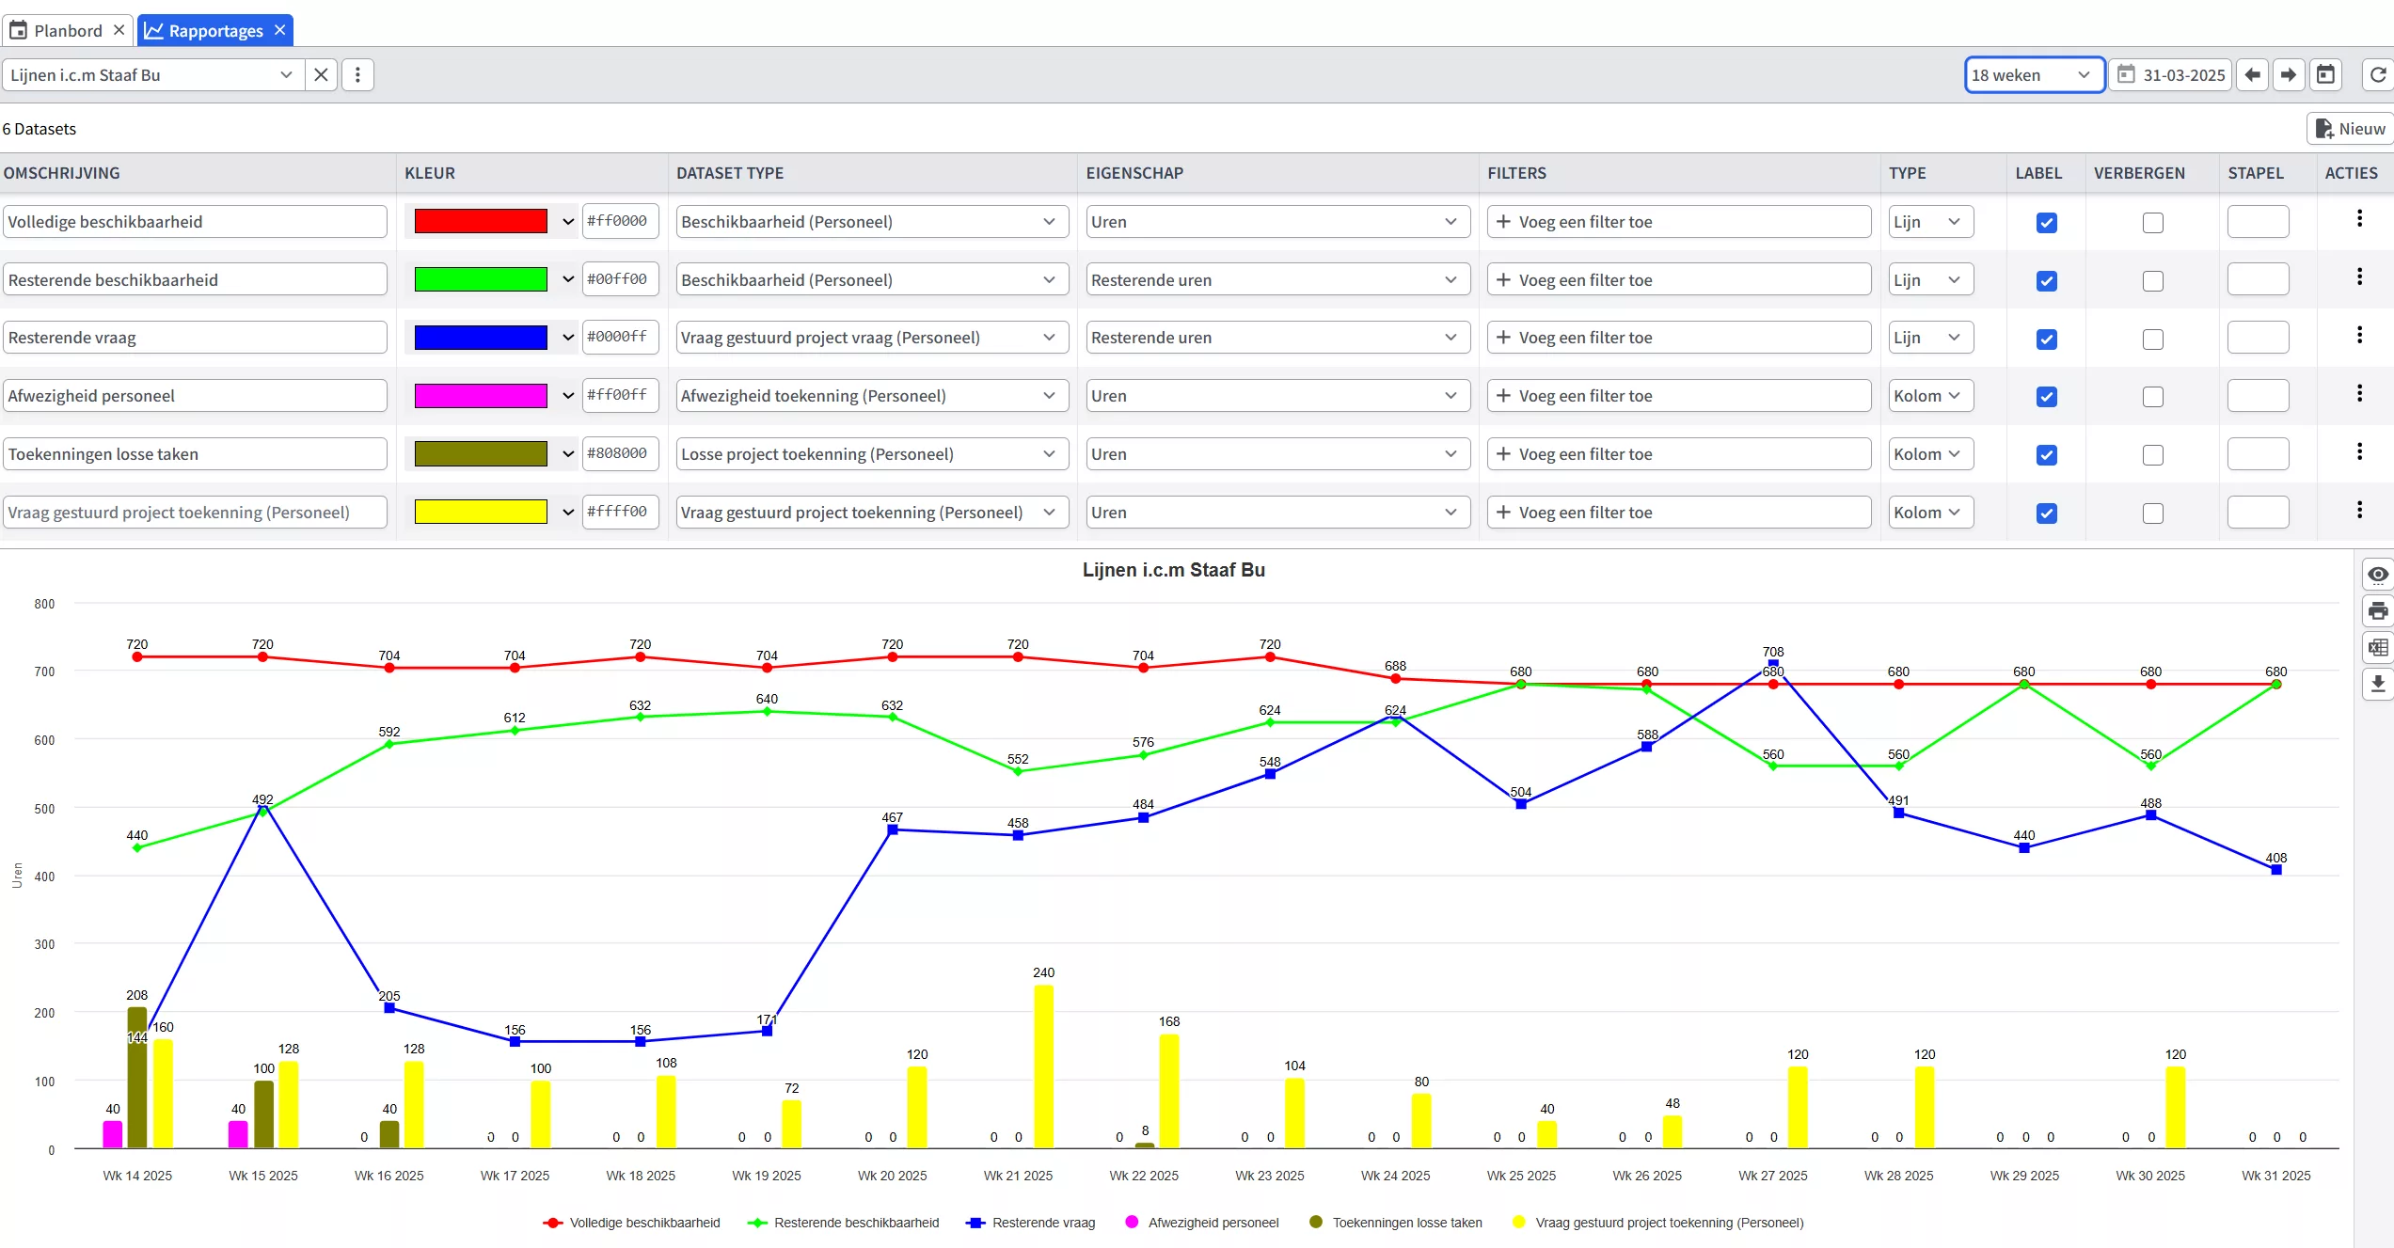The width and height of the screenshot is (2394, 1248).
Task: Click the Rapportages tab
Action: click(214, 31)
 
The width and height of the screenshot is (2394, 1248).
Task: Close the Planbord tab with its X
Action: click(119, 30)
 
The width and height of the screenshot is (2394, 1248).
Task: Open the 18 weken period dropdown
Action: click(2033, 75)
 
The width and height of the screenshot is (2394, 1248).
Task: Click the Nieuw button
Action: click(2350, 129)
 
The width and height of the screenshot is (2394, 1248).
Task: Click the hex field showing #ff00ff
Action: click(619, 395)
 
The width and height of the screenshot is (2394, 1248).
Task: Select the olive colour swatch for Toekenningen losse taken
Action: click(481, 454)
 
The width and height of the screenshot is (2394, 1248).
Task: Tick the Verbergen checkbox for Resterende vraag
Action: click(2152, 339)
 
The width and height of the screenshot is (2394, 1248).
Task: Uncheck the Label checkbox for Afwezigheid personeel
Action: click(2046, 397)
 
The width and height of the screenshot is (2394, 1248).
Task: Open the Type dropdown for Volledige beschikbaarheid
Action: click(1928, 222)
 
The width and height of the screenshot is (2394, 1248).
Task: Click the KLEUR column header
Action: click(430, 173)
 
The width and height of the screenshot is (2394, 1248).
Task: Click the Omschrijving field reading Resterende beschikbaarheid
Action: click(195, 280)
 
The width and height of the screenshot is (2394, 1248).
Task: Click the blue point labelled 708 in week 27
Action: click(1772, 665)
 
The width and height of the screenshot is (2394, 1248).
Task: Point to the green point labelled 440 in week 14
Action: click(137, 847)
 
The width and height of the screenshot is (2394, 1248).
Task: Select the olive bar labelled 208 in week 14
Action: click(137, 1077)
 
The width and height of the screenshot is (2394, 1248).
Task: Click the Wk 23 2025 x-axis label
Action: click(1269, 1176)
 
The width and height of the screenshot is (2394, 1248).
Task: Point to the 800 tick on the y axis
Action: click(44, 604)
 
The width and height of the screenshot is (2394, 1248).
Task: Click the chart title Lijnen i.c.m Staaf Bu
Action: click(1173, 570)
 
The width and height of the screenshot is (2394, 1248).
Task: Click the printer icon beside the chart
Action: click(2378, 611)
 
